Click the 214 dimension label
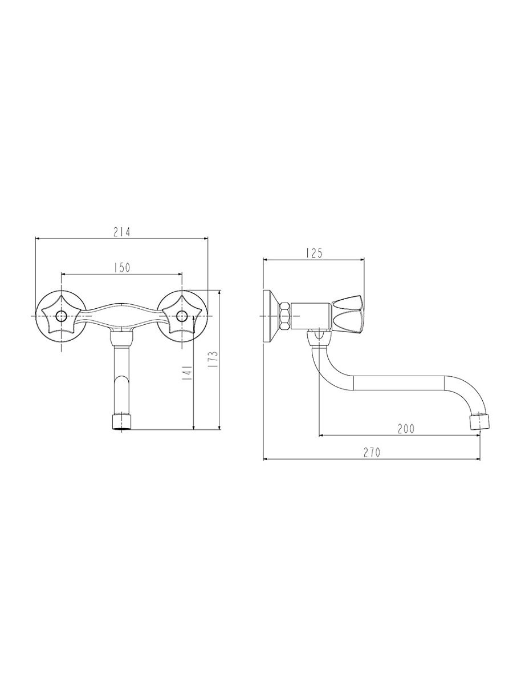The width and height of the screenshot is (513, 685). pos(121,232)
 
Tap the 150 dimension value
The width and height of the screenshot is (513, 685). pos(122,268)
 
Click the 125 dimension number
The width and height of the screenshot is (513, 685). pos(313,253)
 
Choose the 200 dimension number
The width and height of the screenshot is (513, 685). pos(406,429)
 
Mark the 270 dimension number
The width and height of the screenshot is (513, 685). pos(372,452)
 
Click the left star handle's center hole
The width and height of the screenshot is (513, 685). pos(62,316)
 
